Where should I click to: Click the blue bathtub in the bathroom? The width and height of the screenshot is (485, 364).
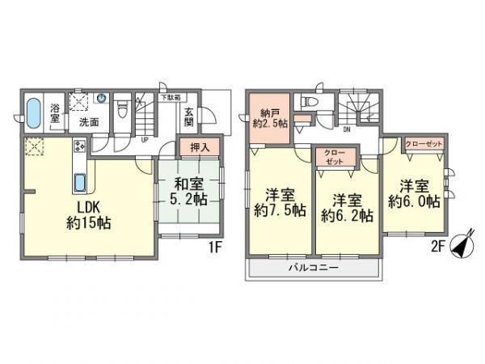click(35, 114)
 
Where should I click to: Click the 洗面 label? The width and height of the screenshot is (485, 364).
click(88, 122)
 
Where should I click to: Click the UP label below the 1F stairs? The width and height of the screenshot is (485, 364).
click(144, 138)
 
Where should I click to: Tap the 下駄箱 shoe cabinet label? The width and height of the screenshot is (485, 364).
click(169, 98)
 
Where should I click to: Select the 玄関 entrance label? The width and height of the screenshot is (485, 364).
click(188, 118)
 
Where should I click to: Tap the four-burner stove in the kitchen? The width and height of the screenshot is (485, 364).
click(80, 146)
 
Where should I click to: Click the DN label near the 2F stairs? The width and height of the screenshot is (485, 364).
click(346, 129)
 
